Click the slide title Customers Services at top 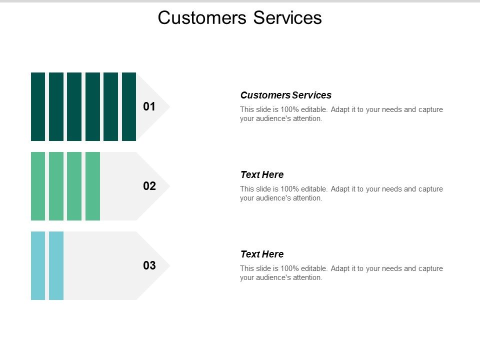239,18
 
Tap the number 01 149,106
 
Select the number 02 149,186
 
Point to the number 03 149,265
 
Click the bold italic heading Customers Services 285,95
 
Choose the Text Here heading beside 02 261,174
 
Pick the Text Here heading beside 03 261,254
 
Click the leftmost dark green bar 38,106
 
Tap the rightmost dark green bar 129,106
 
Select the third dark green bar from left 74,106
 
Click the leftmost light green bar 38,186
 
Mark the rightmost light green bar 92,186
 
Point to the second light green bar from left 56,186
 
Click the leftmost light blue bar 38,265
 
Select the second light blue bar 56,265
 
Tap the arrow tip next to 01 165,106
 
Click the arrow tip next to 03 165,265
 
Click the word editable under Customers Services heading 312,109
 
